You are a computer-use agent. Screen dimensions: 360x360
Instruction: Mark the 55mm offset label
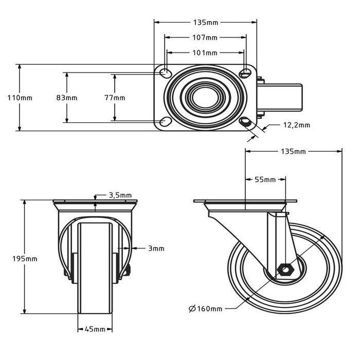pos(265,179)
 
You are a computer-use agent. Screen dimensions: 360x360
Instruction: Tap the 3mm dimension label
pos(156,248)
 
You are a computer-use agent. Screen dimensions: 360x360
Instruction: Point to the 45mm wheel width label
pos(95,329)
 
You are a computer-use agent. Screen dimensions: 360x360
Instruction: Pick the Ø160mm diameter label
pos(206,309)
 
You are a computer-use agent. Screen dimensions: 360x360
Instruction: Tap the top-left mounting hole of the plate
pos(166,73)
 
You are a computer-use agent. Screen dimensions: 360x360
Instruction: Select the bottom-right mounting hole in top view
pos(246,122)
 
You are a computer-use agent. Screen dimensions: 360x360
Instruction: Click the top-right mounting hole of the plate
pos(245,73)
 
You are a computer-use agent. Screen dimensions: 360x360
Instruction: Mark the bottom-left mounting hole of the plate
pos(166,122)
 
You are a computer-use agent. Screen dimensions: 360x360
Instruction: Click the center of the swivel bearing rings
pos(205,97)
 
